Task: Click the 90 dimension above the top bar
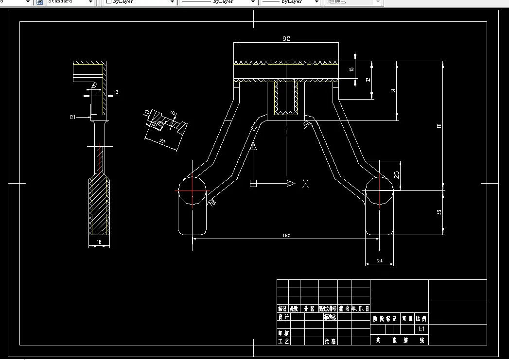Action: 286,38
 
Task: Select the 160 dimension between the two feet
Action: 286,236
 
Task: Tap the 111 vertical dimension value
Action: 439,126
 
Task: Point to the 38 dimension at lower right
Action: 439,212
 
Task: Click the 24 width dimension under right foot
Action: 380,261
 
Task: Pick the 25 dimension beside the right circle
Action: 397,175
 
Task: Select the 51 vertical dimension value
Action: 393,90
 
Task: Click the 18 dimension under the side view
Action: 99,242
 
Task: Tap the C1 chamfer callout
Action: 73,117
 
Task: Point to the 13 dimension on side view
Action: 116,92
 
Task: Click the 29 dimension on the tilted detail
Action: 162,142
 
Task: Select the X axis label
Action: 305,184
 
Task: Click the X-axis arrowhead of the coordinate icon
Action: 291,183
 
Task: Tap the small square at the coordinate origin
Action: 253,183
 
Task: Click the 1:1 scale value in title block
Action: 421,329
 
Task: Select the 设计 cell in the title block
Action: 283,317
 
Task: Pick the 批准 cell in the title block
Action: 330,341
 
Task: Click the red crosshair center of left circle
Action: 193,191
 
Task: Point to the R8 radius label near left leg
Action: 212,202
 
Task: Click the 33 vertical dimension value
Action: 368,79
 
